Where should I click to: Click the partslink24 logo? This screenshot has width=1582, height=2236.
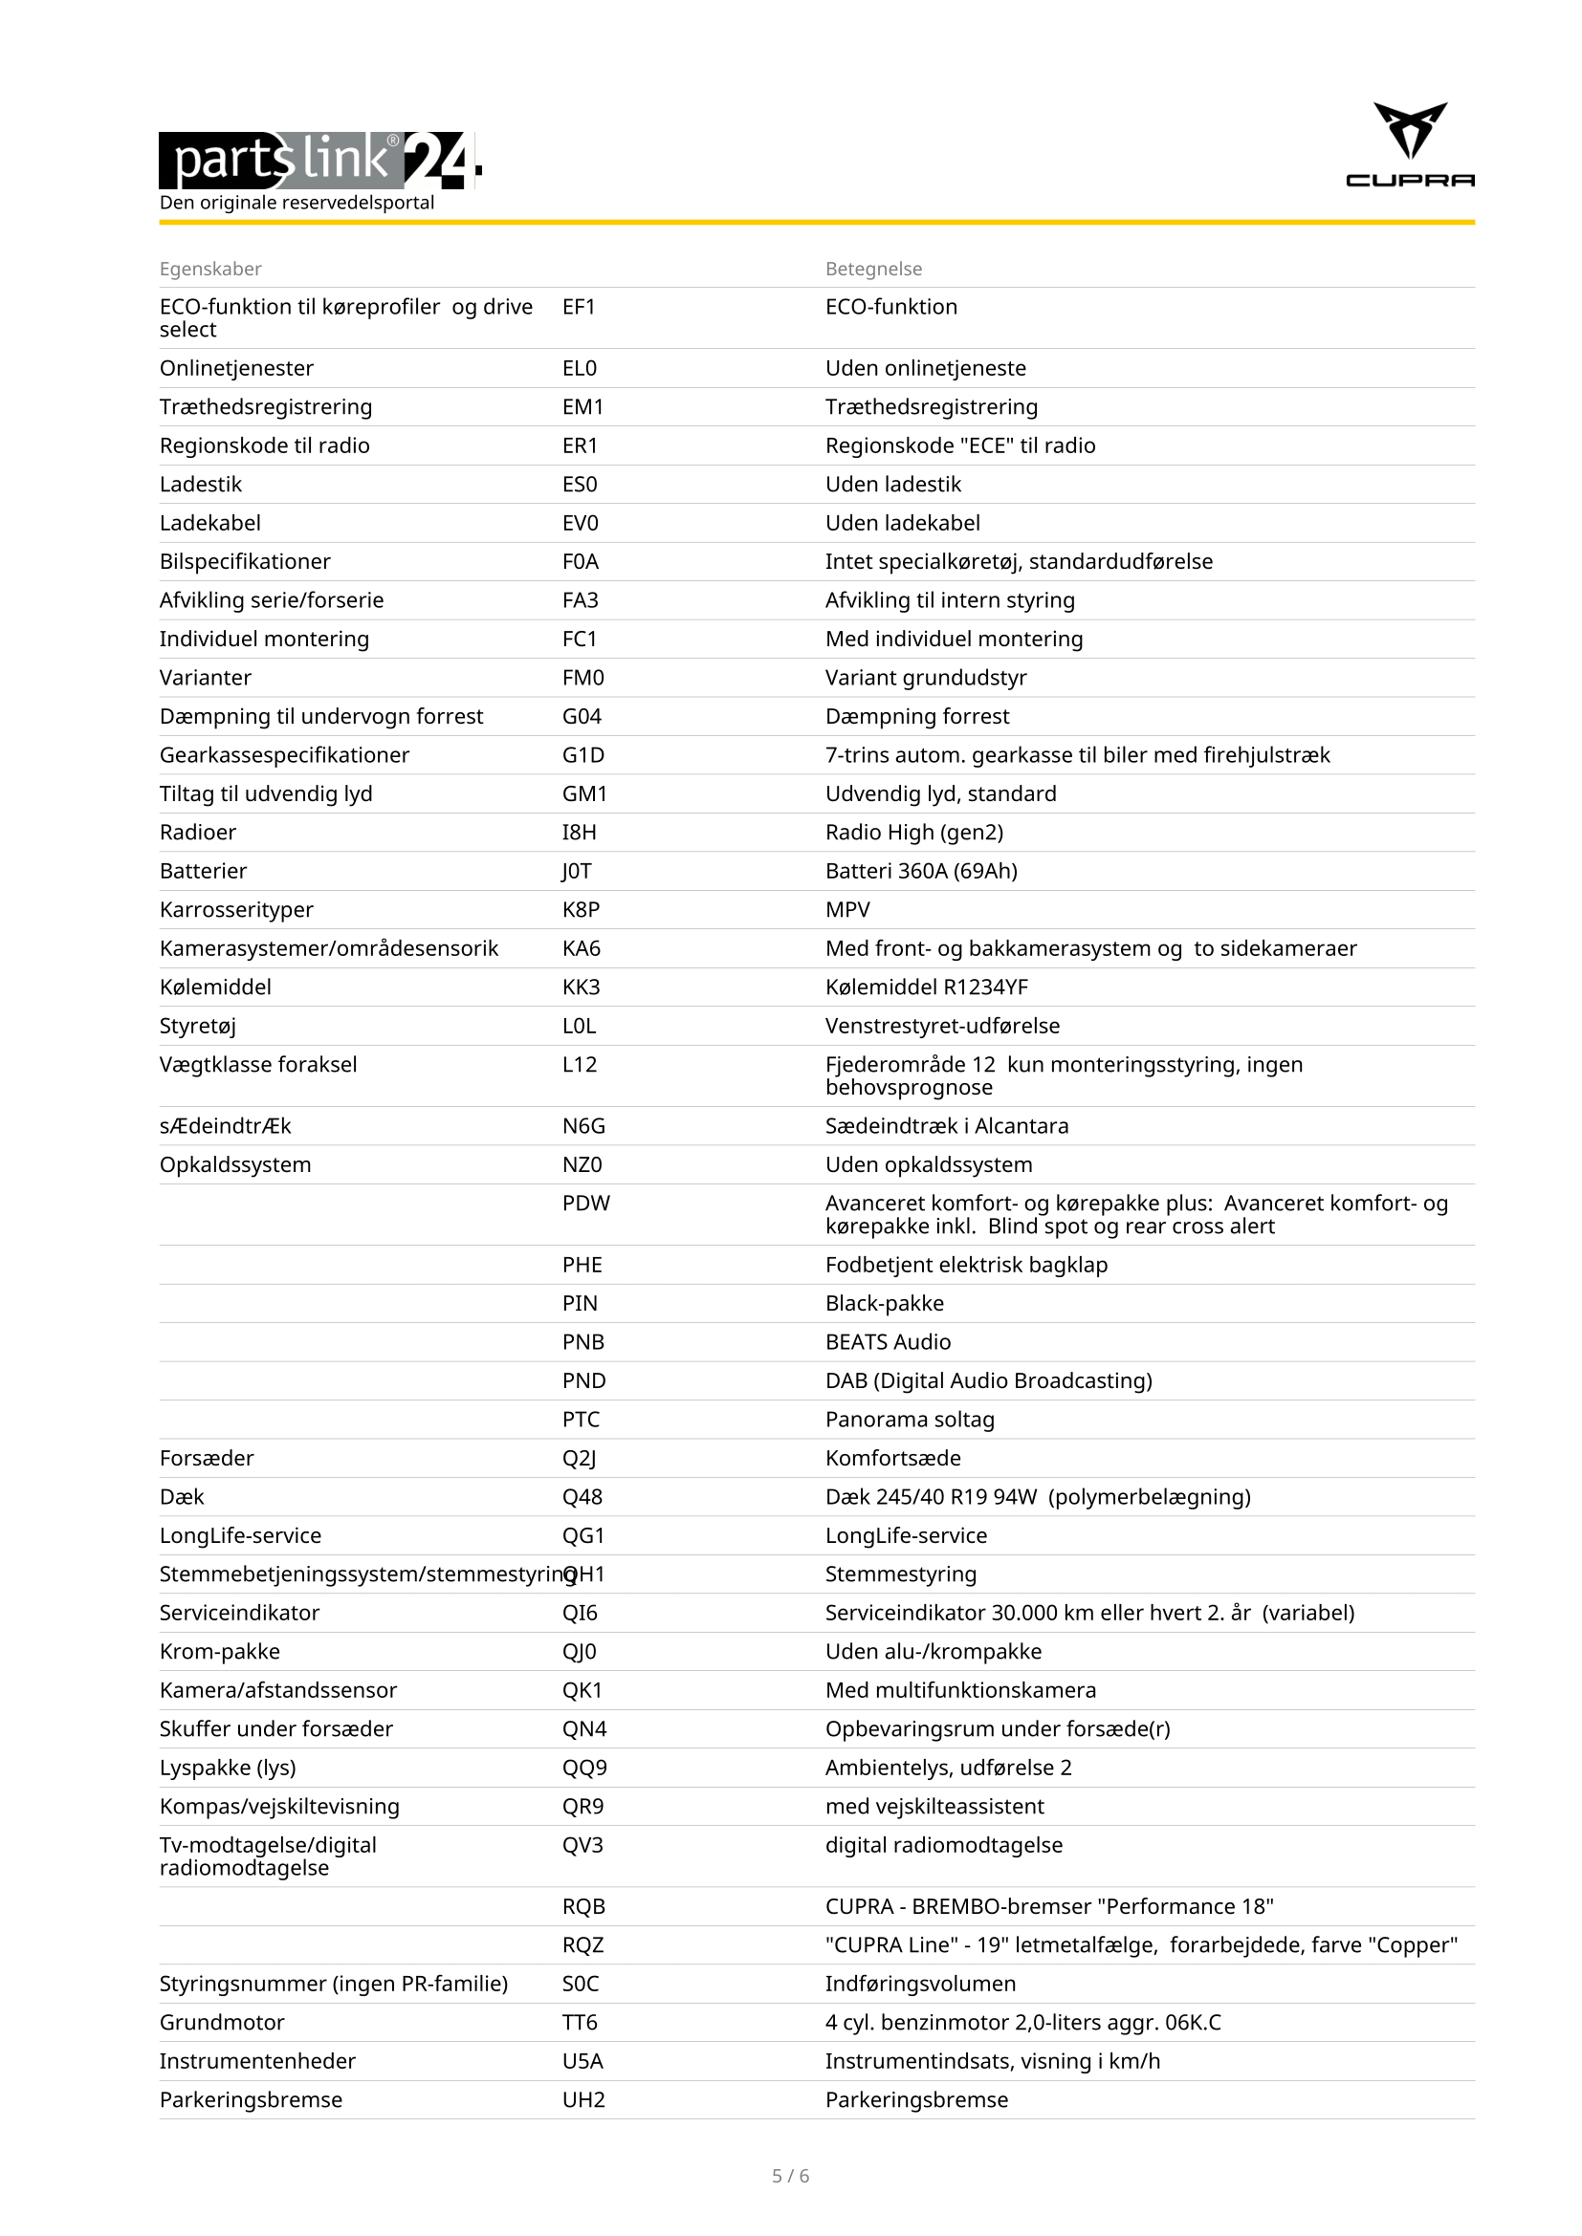(x=319, y=160)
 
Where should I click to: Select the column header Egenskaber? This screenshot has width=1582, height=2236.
(x=210, y=269)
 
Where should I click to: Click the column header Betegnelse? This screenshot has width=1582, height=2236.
(x=873, y=269)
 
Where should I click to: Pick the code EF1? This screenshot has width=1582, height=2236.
(x=579, y=307)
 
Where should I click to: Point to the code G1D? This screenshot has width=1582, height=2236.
(x=582, y=755)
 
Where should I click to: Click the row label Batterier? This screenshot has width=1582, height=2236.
(x=203, y=871)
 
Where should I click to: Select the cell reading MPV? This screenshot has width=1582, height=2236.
(x=847, y=909)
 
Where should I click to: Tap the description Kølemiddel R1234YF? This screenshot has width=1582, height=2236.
(x=927, y=987)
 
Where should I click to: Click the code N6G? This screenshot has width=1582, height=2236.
(x=583, y=1126)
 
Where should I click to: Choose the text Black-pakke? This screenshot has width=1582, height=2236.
(x=885, y=1303)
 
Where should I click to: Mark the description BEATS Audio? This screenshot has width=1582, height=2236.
(x=888, y=1342)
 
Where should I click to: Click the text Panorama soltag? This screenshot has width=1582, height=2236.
(x=910, y=1419)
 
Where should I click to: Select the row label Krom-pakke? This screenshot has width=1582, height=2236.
(x=219, y=1651)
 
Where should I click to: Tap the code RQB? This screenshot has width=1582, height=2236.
(x=583, y=1906)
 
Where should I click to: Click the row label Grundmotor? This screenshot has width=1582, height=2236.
(x=222, y=2022)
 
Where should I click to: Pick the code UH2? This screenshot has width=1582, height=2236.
(x=583, y=2099)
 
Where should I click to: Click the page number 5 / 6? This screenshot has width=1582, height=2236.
(x=790, y=2176)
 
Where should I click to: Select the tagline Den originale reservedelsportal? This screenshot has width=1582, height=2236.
(x=297, y=203)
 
